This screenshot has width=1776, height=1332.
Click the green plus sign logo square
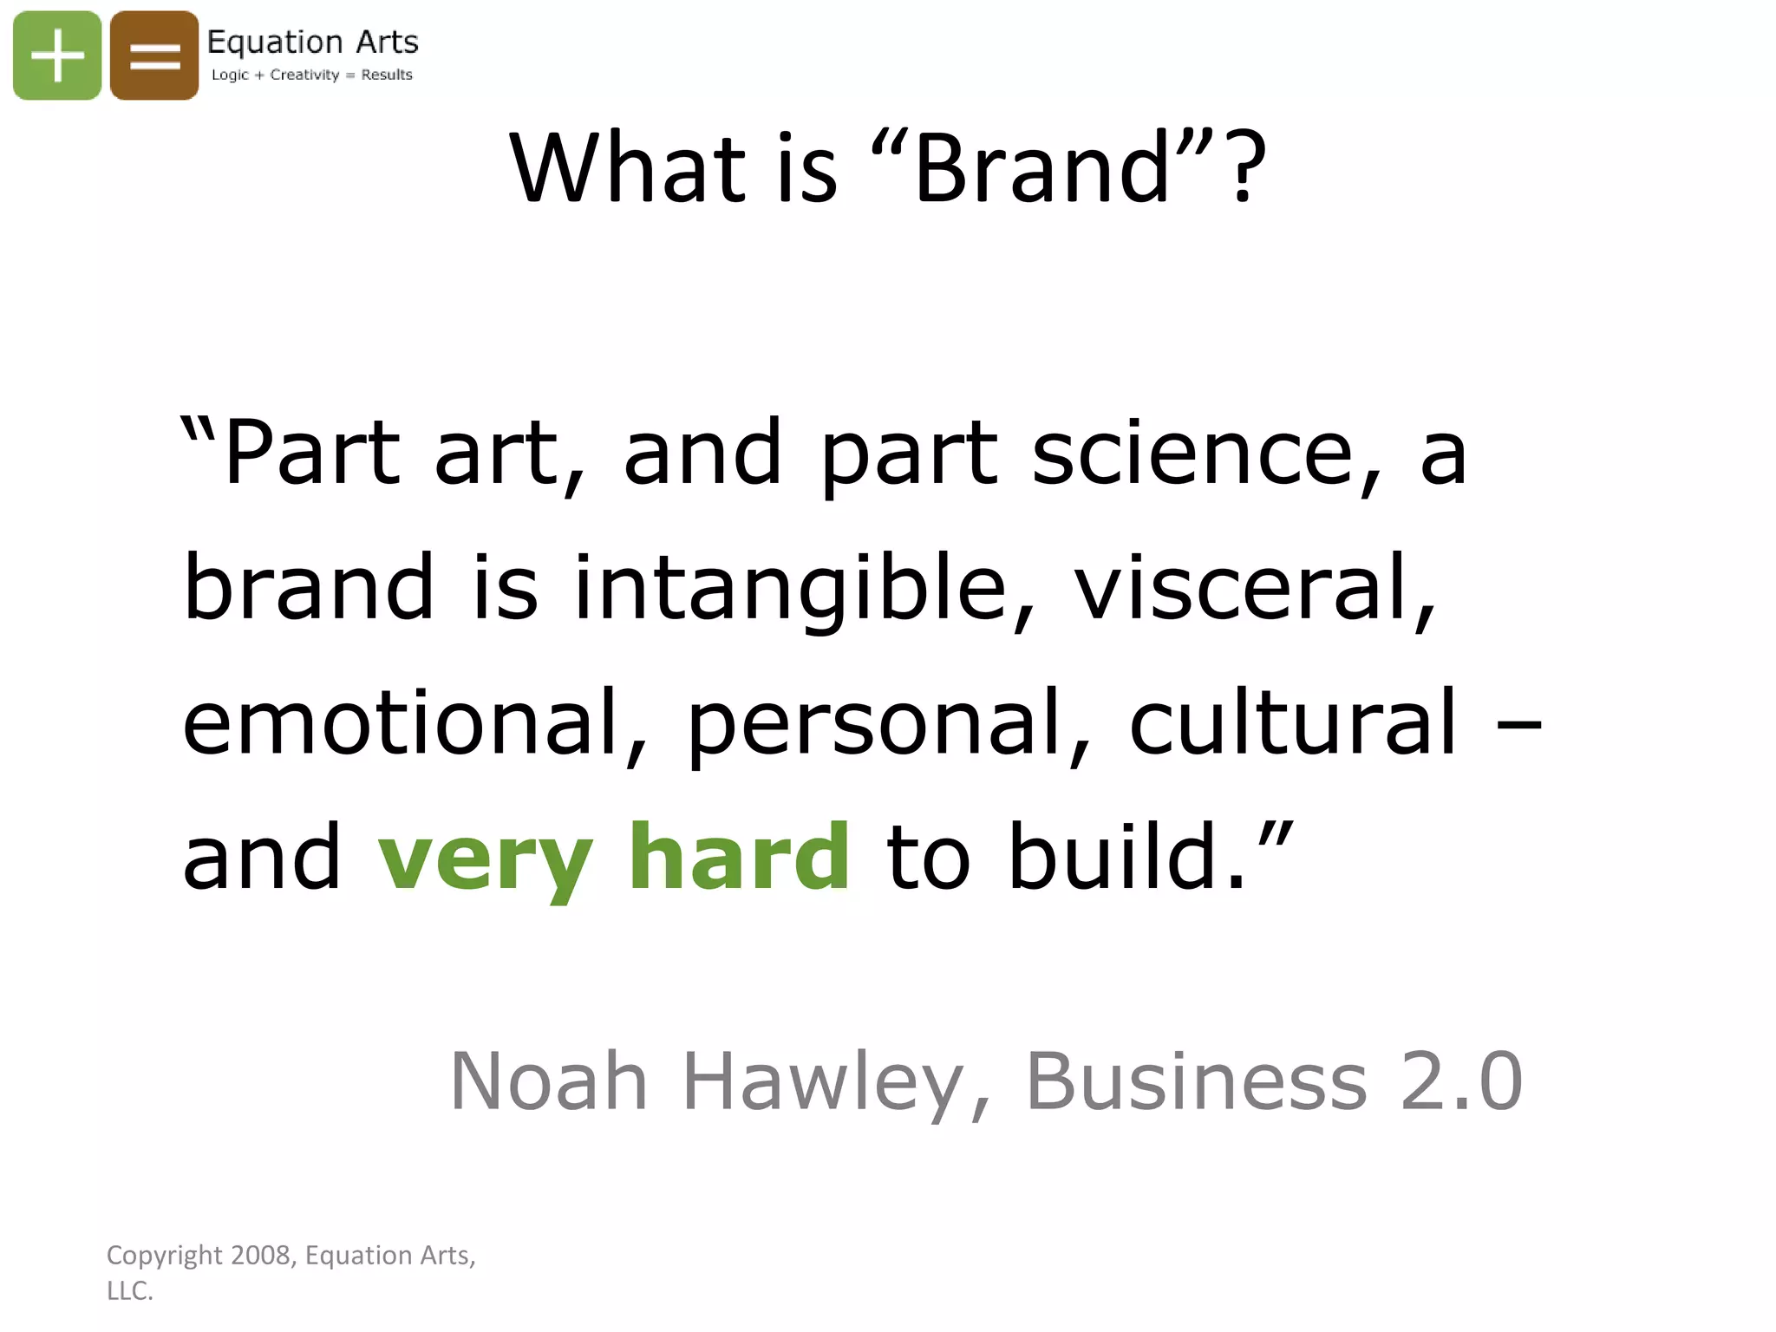tap(57, 55)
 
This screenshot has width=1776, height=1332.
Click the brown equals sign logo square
tap(154, 55)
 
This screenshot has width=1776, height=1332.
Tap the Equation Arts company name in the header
tap(312, 42)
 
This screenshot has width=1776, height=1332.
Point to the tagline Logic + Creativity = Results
tap(312, 75)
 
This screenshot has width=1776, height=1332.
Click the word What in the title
tap(628, 168)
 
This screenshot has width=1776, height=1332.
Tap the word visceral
tap(1254, 590)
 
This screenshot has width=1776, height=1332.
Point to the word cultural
tap(1292, 723)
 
